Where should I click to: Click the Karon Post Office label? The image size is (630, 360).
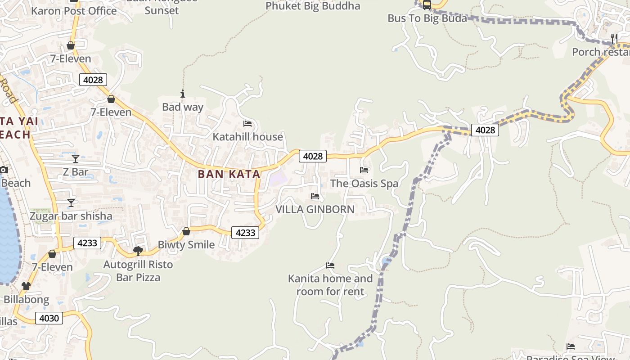(x=75, y=11)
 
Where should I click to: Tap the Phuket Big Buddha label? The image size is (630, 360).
(x=313, y=6)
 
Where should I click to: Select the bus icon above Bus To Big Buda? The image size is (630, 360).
(x=427, y=5)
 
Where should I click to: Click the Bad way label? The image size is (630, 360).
(x=183, y=107)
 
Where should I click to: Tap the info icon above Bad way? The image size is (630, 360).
(x=183, y=94)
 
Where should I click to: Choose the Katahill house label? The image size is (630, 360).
(x=247, y=137)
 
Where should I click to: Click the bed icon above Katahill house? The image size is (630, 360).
(x=247, y=124)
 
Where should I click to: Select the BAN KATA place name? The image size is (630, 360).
(x=229, y=174)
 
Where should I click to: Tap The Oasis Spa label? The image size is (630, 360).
(x=364, y=184)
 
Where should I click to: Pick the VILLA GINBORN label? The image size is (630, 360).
(x=315, y=209)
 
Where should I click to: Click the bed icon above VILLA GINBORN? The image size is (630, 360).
(x=315, y=196)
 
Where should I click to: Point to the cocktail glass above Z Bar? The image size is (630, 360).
(x=76, y=159)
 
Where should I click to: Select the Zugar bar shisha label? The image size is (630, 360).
(x=71, y=216)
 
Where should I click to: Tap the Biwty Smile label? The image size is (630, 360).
(x=186, y=245)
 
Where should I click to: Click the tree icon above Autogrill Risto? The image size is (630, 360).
(x=138, y=251)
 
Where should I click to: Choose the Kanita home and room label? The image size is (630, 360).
(x=330, y=285)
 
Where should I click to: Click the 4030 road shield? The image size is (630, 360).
(x=49, y=318)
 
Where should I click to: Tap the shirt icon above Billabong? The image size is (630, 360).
(x=26, y=286)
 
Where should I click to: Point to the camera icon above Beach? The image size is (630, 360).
(x=4, y=170)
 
